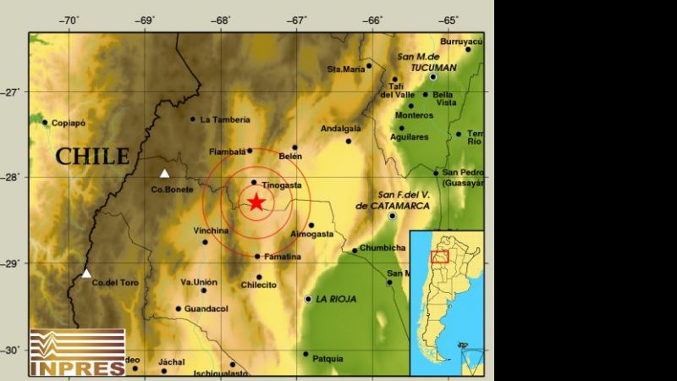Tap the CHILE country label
(x=93, y=157)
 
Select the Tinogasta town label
(x=282, y=185)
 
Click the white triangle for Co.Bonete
(x=165, y=174)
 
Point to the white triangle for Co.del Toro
(x=86, y=273)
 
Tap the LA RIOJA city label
(x=336, y=299)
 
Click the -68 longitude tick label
(x=222, y=20)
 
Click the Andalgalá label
(x=341, y=129)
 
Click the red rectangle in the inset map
(x=439, y=257)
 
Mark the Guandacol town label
(x=207, y=309)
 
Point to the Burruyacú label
(x=461, y=40)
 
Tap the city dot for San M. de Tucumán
(x=432, y=77)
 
